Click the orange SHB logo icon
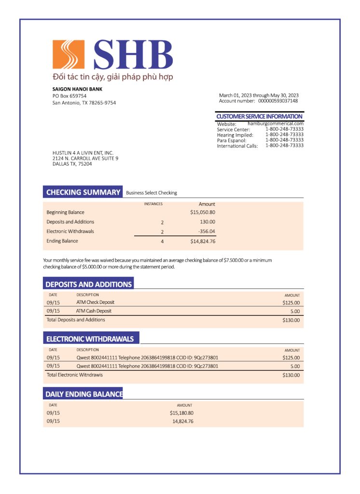pos(69,55)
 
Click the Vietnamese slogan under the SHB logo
pos(112,77)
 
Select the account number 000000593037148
pos(277,101)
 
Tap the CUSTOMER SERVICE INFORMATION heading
pos(259,116)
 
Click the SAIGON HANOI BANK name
pos(77,89)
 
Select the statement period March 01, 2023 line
pos(259,95)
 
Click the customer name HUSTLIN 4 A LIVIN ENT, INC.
pos(83,153)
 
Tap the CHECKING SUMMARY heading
pos(83,192)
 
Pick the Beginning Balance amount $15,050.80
pos(202,212)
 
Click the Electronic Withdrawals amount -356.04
pos(207,232)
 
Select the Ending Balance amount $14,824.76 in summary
pos(202,241)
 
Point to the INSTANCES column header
pos(153,204)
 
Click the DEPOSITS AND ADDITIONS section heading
pos(88,284)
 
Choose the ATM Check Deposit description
pos(95,302)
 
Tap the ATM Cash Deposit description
pos(94,311)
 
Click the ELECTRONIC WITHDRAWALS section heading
pos(90,339)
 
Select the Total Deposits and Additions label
pos(75,320)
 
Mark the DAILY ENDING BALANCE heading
pos(83,394)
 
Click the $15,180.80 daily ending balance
pos(181,413)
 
